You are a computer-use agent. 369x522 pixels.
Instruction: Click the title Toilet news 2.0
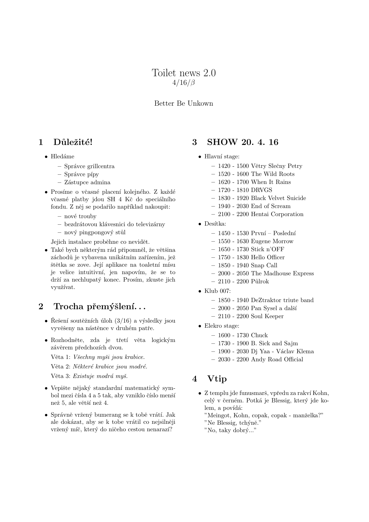point(184,73)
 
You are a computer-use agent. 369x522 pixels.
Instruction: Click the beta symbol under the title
point(193,83)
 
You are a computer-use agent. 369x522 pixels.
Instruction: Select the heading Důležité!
point(73,142)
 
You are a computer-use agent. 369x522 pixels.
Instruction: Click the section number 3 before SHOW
point(195,142)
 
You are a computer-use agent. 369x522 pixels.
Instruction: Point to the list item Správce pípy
point(81,174)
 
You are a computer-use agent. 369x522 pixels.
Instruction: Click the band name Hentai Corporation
point(277,214)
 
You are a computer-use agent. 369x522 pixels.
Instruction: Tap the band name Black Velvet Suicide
point(278,198)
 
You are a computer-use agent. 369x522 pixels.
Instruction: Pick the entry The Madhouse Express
point(282,273)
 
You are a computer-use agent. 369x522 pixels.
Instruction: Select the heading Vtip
point(217,379)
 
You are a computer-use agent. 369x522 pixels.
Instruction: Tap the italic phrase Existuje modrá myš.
point(101,376)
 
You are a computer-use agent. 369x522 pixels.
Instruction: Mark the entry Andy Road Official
point(277,360)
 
